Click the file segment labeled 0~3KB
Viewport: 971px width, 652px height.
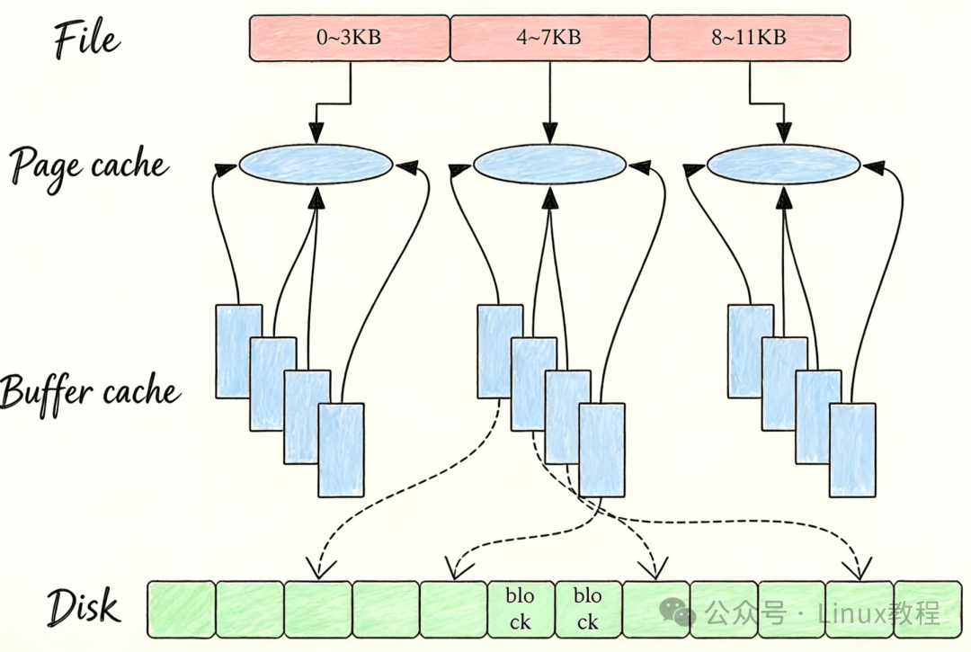349,38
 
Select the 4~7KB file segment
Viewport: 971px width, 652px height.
549,38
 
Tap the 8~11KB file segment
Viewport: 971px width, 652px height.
750,38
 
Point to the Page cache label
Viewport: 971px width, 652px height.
88,165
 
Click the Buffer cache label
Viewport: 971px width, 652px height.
90,392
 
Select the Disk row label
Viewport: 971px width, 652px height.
83,607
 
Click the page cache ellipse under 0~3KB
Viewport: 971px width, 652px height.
316,165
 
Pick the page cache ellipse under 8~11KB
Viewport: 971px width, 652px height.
783,165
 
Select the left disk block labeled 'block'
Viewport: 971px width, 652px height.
520,609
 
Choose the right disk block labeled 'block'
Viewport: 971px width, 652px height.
588,609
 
